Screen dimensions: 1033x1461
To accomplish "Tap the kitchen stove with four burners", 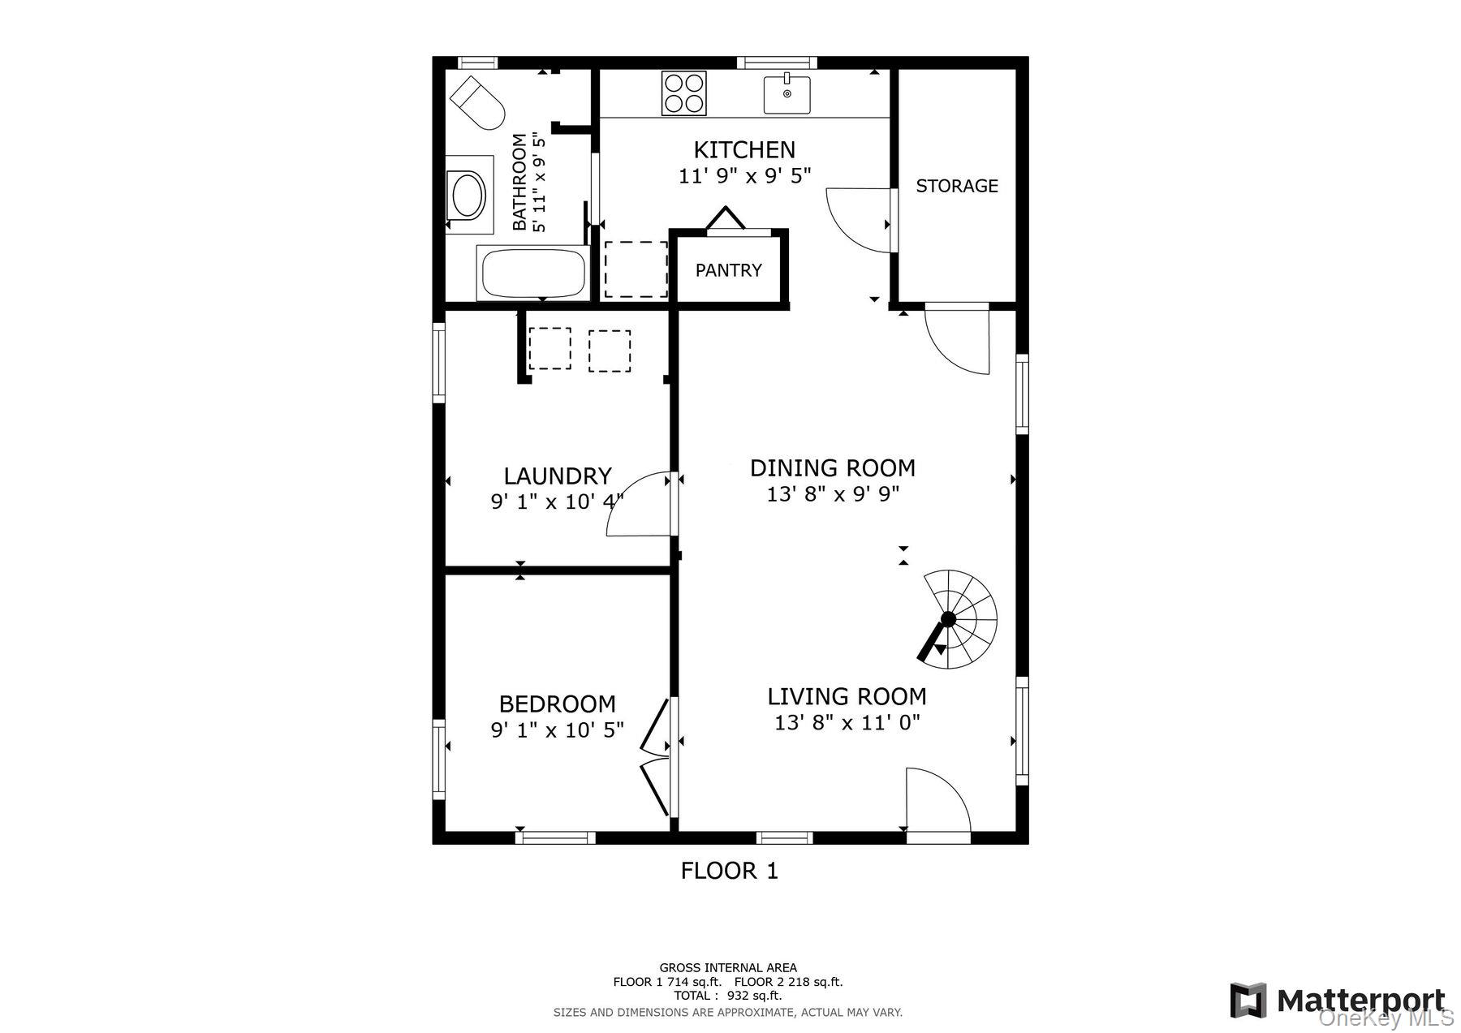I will click(x=683, y=93).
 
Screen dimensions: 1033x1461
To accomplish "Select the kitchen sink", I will click(x=787, y=93).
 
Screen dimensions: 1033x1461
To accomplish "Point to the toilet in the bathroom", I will click(x=478, y=102).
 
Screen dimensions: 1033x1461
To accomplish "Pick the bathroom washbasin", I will click(x=468, y=196).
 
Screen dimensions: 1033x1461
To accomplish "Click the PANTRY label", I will click(x=728, y=270).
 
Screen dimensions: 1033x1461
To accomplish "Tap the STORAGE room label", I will click(x=956, y=186).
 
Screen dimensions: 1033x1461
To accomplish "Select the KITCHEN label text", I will click(x=743, y=149).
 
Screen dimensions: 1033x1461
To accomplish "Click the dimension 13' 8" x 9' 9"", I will click(x=833, y=493).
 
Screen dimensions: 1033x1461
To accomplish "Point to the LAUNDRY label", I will click(x=557, y=476).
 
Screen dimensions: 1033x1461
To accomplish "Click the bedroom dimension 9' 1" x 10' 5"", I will click(x=557, y=730).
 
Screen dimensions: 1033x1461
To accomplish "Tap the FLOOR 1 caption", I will click(x=729, y=871).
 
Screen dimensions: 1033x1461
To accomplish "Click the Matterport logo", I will click(x=1339, y=1000).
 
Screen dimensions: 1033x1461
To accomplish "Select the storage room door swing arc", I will click(x=859, y=220).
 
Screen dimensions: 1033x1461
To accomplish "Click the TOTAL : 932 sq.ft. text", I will click(x=727, y=996).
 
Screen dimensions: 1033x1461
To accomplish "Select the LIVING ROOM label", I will click(x=847, y=696).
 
